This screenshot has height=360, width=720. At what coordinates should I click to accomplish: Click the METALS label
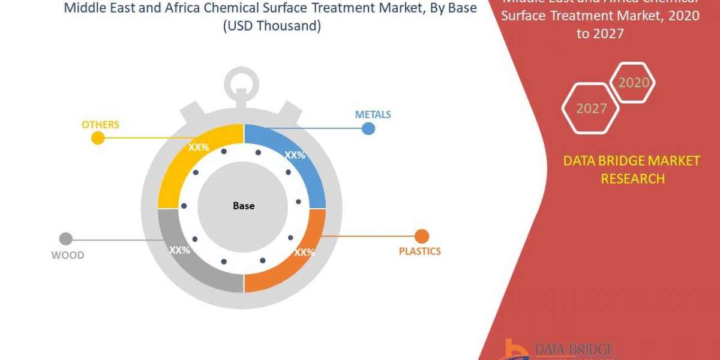click(373, 114)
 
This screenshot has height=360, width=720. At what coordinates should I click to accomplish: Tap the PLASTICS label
click(419, 251)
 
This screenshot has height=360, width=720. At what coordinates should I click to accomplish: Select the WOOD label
click(67, 255)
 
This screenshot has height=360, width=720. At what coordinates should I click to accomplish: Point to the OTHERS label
click(100, 125)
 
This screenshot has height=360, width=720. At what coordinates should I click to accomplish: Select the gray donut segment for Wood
click(186, 258)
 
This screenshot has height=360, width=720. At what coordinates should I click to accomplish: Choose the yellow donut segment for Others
click(186, 162)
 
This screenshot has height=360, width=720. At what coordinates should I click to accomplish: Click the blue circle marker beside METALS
click(368, 128)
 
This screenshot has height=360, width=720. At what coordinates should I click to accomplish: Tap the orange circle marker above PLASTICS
click(422, 236)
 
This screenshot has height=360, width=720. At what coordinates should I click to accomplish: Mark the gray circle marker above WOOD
click(66, 239)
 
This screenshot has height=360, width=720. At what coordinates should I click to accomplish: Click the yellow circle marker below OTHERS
click(97, 139)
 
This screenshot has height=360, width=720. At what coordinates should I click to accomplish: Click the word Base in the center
click(244, 206)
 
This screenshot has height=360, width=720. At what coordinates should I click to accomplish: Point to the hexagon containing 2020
click(633, 83)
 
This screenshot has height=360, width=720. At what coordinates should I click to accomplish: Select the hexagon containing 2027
click(590, 109)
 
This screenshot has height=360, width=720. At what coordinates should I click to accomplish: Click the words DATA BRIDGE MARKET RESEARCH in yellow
click(632, 170)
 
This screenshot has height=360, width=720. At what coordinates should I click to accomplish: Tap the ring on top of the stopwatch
click(244, 82)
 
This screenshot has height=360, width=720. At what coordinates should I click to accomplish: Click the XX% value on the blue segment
click(295, 155)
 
